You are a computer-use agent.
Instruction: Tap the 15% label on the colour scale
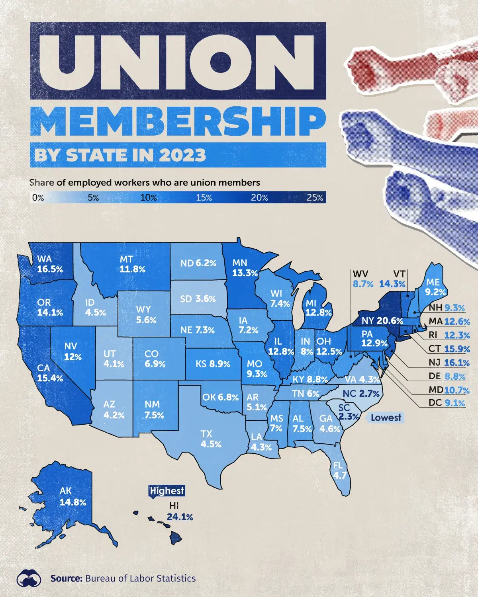pyautogui.click(x=204, y=197)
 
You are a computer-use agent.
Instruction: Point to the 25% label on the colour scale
pyautogui.click(x=315, y=197)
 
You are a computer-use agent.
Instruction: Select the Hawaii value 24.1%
pyautogui.click(x=180, y=517)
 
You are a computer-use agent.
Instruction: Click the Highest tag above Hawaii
pyautogui.click(x=167, y=491)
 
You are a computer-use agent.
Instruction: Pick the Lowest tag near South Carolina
pyautogui.click(x=386, y=418)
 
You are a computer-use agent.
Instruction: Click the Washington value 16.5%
pyautogui.click(x=50, y=269)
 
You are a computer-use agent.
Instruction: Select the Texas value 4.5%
pyautogui.click(x=211, y=444)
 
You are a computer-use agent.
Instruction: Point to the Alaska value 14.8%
pyautogui.click(x=73, y=502)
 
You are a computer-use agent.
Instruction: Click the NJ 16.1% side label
pyautogui.click(x=457, y=363)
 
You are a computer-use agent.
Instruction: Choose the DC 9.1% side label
pyautogui.click(x=454, y=403)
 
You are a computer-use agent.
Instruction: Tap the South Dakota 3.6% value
pyautogui.click(x=206, y=298)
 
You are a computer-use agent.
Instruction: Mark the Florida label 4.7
pyautogui.click(x=340, y=475)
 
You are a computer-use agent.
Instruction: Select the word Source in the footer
pyautogui.click(x=66, y=578)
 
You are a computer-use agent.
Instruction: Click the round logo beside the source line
pyautogui.click(x=29, y=578)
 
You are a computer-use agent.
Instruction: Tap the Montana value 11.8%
pyautogui.click(x=133, y=269)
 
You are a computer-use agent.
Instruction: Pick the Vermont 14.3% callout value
pyautogui.click(x=392, y=284)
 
